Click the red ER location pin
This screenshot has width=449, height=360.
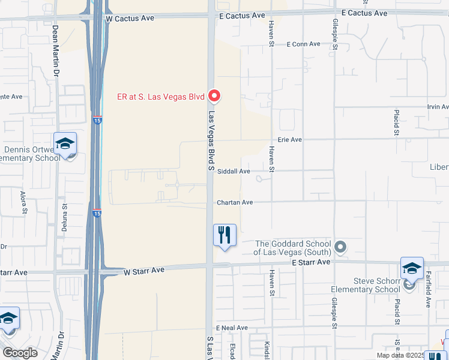(214, 96)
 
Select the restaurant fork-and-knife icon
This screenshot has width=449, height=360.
(224, 235)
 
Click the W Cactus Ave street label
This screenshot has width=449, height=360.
(130, 18)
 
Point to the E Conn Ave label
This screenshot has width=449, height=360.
(304, 44)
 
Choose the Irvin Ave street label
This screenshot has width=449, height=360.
(438, 107)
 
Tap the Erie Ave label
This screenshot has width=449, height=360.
(289, 139)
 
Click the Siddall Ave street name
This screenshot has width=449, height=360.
(234, 171)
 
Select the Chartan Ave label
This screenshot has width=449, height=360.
(235, 203)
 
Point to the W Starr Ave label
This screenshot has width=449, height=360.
(144, 271)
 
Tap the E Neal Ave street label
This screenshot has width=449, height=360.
(234, 328)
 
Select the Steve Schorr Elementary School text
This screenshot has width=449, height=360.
(366, 285)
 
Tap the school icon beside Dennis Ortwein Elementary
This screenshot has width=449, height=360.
(65, 144)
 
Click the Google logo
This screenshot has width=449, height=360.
(20, 353)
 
